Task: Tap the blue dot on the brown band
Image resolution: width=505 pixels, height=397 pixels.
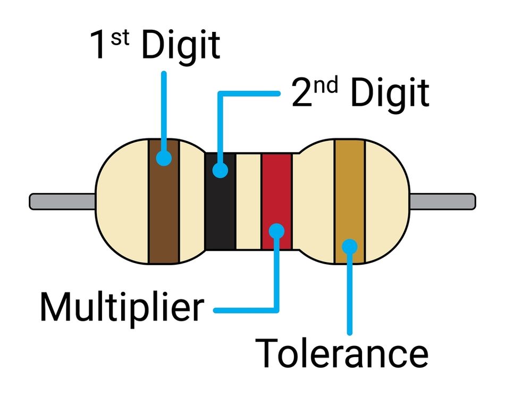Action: (x=164, y=157)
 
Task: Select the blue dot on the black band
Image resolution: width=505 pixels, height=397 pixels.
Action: (x=220, y=171)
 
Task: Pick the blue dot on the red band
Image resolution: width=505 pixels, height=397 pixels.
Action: (x=276, y=230)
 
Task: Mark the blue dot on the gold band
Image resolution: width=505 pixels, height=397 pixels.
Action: (x=349, y=246)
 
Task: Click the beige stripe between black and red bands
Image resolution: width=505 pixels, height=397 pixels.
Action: (x=248, y=202)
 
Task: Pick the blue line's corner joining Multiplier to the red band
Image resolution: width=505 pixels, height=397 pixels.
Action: (x=276, y=309)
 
